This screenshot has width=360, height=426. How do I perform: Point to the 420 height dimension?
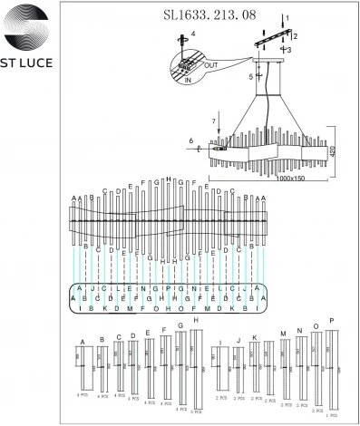tap(333, 151)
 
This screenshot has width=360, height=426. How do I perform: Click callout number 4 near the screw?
tap(191, 34)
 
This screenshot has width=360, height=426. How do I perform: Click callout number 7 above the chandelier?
tap(213, 120)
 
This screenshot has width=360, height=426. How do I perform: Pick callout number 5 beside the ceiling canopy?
tap(250, 77)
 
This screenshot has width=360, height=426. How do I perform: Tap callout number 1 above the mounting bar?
tap(286, 18)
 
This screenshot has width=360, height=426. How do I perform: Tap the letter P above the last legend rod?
tap(332, 321)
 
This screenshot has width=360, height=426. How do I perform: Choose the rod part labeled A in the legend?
tap(83, 367)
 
